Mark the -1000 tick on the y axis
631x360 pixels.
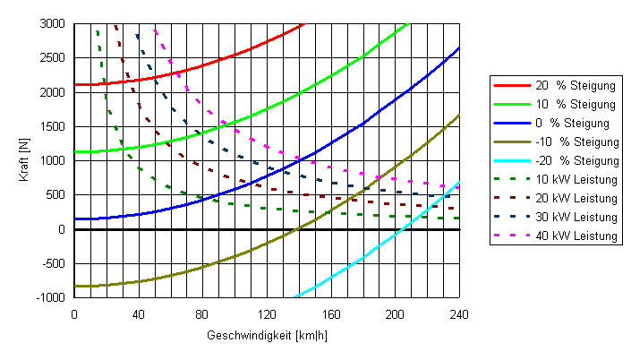51,298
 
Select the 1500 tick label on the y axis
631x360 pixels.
52,126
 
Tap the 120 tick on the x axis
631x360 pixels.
266,314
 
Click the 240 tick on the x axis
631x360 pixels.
458,314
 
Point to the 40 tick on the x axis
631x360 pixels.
138,314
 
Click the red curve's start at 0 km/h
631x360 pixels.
74,84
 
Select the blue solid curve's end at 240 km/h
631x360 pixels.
458,47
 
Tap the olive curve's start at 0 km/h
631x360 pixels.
74,286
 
